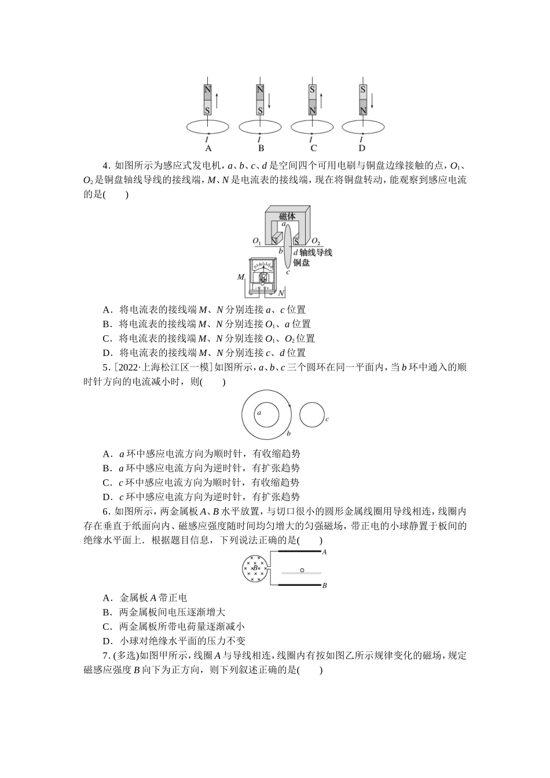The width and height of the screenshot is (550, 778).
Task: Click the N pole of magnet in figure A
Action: [x=207, y=90]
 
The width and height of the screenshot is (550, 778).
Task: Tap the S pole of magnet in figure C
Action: [x=312, y=90]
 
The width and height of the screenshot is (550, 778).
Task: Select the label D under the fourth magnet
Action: [x=362, y=148]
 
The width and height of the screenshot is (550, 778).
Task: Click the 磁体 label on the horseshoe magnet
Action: [x=287, y=216]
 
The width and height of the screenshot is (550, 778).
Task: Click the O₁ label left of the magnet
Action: [x=256, y=241]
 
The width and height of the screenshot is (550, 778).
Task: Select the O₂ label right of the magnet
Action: [x=316, y=241]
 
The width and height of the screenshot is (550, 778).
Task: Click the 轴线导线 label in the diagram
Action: [x=316, y=253]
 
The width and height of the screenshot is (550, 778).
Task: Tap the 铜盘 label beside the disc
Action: [x=301, y=263]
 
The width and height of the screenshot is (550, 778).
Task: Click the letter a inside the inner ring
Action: [x=259, y=413]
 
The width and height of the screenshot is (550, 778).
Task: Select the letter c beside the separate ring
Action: [x=327, y=419]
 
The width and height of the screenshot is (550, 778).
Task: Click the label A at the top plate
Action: [x=324, y=552]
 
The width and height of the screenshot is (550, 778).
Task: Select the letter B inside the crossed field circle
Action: [x=255, y=568]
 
